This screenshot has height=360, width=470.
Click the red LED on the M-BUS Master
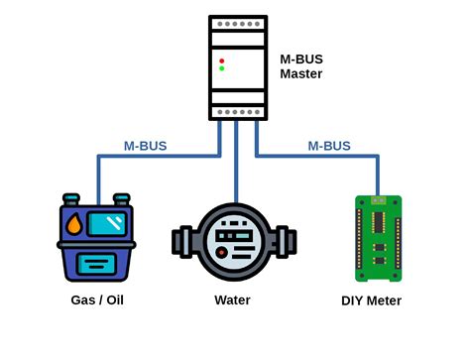[221, 60]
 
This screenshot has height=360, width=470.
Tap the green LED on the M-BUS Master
[221, 69]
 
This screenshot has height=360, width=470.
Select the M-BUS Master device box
[237, 67]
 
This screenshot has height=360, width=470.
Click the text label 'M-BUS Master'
[300, 66]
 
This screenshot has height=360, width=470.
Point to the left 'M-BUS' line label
[145, 146]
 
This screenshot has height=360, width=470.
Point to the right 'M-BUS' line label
[328, 146]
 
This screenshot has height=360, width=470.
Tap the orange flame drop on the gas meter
[74, 225]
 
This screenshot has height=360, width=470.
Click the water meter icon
[237, 242]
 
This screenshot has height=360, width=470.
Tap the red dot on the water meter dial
[220, 254]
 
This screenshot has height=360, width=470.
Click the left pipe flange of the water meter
[180, 242]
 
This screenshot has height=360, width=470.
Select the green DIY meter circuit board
[378, 238]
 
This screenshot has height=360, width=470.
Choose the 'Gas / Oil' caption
[96, 300]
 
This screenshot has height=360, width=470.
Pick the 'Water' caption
[232, 300]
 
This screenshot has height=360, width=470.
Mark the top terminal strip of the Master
[237, 23]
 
